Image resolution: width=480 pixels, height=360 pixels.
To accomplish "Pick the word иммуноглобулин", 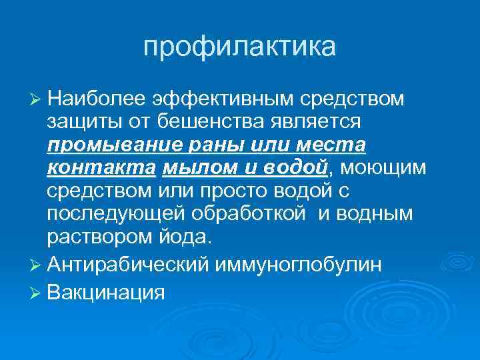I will click(298, 265).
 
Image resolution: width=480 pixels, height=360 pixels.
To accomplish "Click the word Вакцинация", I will click(106, 292).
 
